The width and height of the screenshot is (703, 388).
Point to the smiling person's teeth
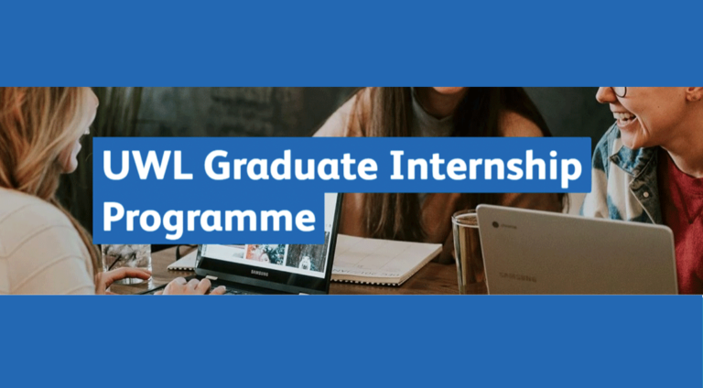(625, 118)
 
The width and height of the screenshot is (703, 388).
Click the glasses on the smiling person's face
(619, 92)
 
